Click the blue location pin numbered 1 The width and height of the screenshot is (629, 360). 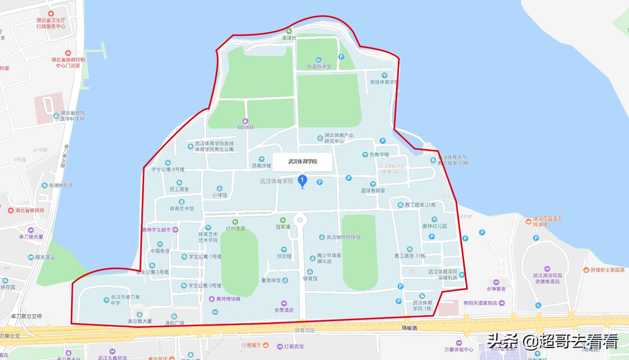(x=302, y=181)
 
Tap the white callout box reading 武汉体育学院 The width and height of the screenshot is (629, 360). (x=303, y=161)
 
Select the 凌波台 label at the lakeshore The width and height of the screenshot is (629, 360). (x=289, y=38)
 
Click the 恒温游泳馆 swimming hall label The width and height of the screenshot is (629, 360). (x=319, y=67)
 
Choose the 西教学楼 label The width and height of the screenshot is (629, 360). (x=261, y=166)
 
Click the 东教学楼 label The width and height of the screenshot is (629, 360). (x=379, y=155)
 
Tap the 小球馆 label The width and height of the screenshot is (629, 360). (x=219, y=195)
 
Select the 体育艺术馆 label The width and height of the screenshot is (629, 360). (x=181, y=208)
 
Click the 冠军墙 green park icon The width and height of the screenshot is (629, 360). (x=283, y=220)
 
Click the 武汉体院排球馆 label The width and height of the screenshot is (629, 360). (x=343, y=237)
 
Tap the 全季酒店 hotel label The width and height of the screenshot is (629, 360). (x=284, y=310)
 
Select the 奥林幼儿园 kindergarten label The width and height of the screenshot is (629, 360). (x=434, y=226)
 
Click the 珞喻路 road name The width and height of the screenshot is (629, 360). (x=410, y=328)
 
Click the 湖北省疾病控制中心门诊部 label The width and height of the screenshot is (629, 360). (x=68, y=63)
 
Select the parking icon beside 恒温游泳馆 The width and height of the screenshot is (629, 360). (x=341, y=57)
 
